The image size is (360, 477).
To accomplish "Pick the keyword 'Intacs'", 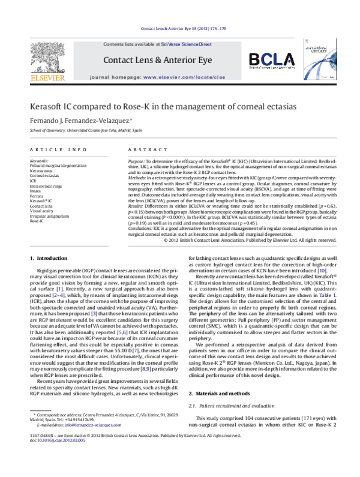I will [36, 191].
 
